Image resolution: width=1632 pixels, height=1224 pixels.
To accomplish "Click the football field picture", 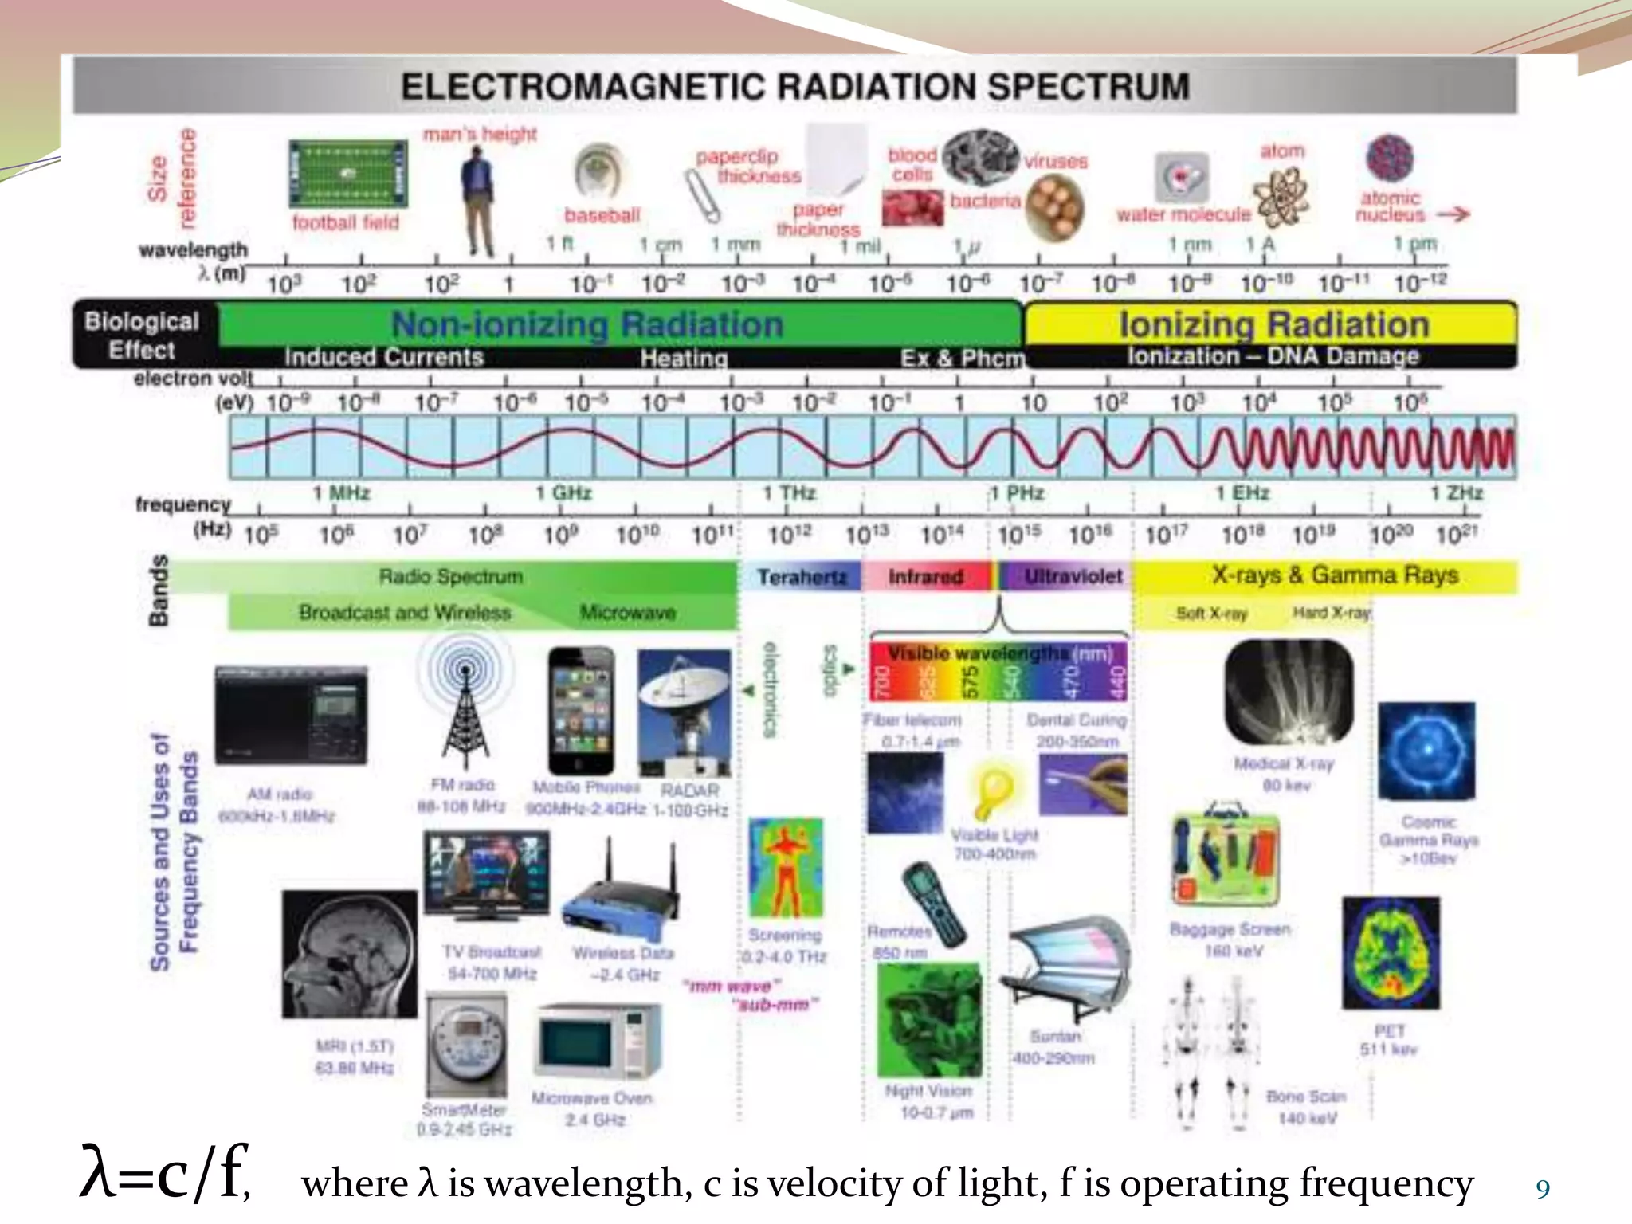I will tap(347, 173).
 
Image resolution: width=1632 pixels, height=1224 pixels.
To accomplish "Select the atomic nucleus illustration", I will tap(1389, 158).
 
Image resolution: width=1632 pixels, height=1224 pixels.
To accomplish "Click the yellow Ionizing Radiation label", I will tap(1273, 324).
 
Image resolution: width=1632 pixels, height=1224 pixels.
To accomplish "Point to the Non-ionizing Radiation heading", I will tap(587, 324).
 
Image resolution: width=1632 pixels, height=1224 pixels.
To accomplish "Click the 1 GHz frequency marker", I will tap(563, 493).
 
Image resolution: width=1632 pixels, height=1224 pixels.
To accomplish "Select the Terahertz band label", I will tap(801, 576).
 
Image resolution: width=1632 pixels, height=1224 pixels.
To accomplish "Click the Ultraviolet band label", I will tap(1073, 576).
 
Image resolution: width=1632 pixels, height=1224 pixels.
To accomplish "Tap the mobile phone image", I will tap(582, 711).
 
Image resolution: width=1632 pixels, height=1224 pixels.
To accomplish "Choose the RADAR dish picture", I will tap(685, 712).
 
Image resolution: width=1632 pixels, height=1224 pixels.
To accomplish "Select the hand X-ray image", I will tap(1289, 692).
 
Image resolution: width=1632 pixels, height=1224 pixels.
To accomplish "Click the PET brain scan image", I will tap(1391, 953).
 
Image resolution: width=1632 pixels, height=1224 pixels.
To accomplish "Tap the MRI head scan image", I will tap(349, 954).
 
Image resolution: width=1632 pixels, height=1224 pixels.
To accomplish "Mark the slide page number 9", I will tap(1543, 1189).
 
